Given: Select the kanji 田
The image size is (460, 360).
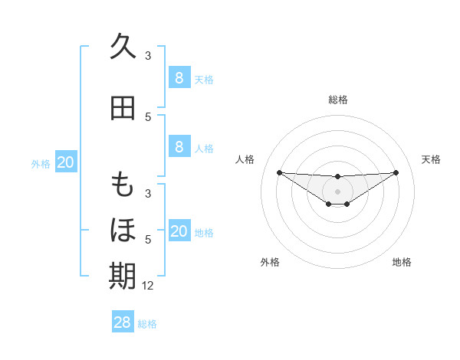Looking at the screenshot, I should click(x=123, y=108).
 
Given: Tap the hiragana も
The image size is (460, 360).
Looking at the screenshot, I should click(x=123, y=186).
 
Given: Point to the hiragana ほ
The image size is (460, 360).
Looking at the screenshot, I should click(x=123, y=230).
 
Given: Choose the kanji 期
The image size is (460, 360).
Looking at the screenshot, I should click(x=123, y=276).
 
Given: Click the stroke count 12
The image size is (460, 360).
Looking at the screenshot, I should click(x=149, y=286).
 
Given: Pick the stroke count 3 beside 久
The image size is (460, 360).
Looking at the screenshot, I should click(x=148, y=56).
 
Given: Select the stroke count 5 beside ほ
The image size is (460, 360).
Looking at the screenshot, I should click(x=148, y=240).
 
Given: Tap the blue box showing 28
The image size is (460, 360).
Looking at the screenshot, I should click(x=123, y=322).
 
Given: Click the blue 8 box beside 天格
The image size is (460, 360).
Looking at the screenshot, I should click(x=179, y=77).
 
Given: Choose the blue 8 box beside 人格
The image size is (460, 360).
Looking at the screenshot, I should click(x=179, y=147).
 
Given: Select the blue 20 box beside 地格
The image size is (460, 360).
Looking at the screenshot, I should click(x=179, y=231).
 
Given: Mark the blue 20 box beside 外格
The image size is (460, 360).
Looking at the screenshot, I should click(x=66, y=162).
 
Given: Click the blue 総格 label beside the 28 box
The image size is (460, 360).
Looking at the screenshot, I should click(x=147, y=324).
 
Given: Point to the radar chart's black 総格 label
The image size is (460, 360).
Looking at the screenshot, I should click(x=338, y=100).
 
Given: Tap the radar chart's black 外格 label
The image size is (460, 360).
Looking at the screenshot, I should click(x=270, y=263).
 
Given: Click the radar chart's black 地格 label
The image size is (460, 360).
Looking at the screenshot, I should click(x=402, y=263).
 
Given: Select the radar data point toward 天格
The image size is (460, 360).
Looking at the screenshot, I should click(x=396, y=172).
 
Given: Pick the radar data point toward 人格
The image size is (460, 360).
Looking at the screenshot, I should click(x=279, y=172).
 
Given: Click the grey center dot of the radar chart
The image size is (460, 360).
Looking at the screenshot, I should click(x=337, y=191).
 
